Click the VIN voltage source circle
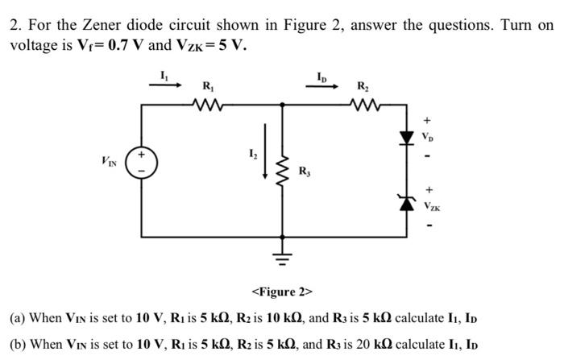click(x=143, y=164)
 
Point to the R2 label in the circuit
click(x=364, y=85)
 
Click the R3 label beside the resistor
click(x=304, y=171)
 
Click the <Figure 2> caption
click(x=281, y=291)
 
